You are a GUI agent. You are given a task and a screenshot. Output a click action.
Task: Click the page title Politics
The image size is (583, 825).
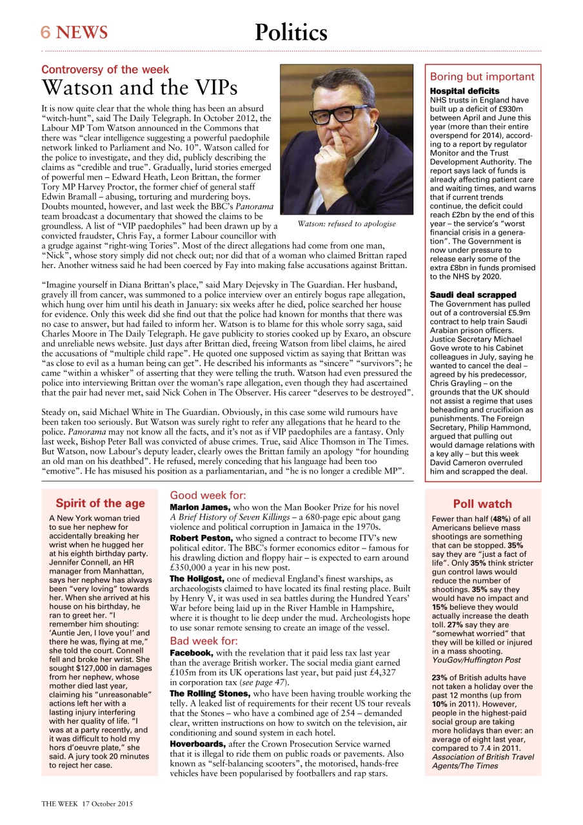click(x=291, y=32)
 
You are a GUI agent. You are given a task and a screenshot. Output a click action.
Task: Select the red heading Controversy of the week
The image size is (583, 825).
click(x=105, y=70)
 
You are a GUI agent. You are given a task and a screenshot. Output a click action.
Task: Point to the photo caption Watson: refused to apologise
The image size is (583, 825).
click(x=346, y=224)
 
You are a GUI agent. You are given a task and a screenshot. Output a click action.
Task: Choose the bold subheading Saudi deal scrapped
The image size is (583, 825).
click(x=473, y=295)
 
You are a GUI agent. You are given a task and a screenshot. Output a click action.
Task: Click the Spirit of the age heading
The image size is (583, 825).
click(x=101, y=503)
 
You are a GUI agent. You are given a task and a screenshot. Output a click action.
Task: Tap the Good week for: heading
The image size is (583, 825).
click(x=207, y=496)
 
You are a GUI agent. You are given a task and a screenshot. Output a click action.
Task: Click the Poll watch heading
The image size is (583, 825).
click(x=482, y=504)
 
